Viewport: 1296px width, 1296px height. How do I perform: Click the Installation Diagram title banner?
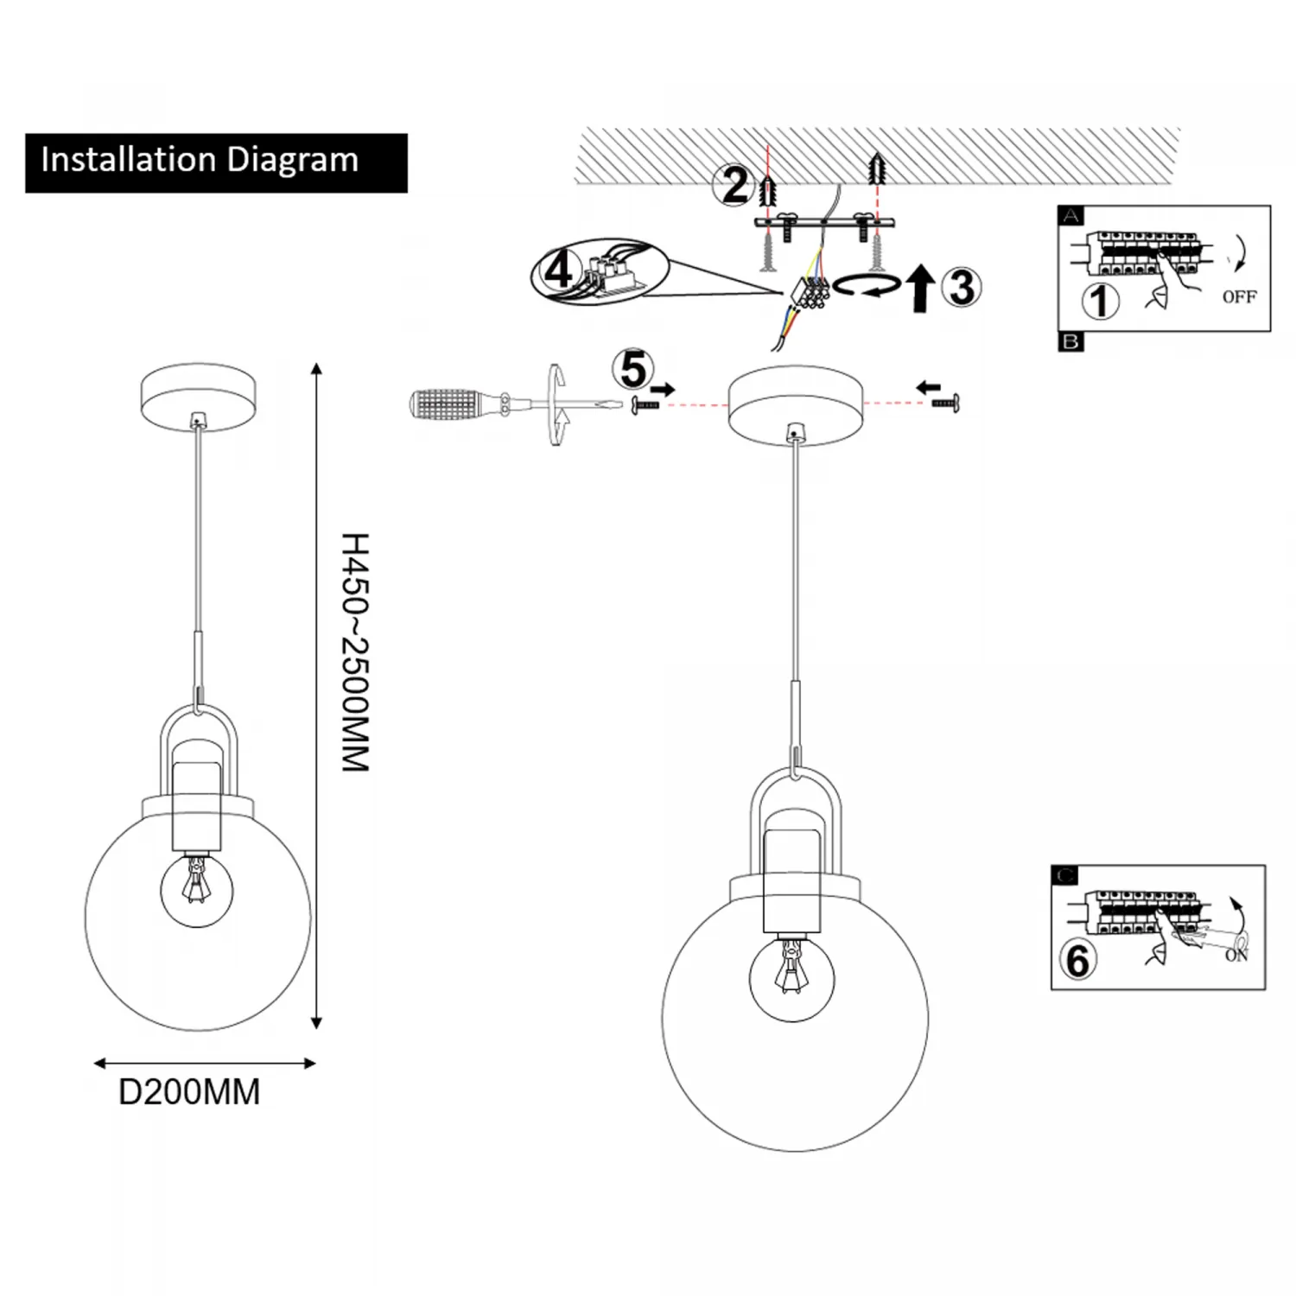[216, 162]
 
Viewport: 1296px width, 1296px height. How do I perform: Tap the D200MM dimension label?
[189, 1092]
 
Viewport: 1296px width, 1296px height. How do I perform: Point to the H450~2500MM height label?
[355, 652]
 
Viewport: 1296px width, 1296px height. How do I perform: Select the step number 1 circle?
[1101, 302]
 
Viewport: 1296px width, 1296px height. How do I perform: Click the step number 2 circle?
[734, 185]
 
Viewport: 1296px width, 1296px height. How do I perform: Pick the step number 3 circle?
[962, 288]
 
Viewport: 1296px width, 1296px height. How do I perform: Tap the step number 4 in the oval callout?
[558, 271]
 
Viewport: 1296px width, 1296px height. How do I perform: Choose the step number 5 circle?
[632, 370]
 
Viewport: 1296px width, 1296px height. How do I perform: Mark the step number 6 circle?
[1077, 960]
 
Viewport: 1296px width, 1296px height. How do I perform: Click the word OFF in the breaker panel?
[1239, 297]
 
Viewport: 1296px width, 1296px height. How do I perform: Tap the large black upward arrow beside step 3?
[921, 289]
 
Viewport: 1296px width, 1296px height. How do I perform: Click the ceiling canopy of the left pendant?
[199, 395]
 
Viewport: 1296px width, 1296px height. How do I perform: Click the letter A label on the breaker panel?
[1070, 216]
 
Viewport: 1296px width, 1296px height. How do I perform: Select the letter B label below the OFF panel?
[1070, 342]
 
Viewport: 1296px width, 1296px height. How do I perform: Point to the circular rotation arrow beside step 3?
[867, 285]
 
